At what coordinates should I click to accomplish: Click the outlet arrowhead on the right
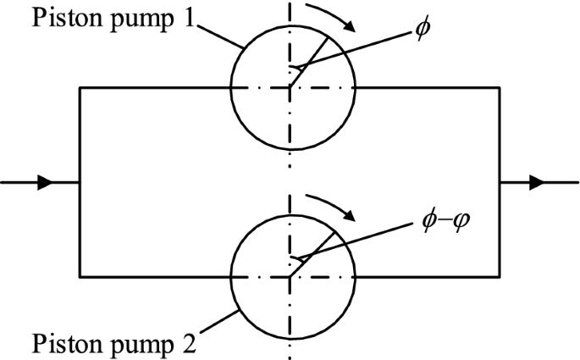point(535,181)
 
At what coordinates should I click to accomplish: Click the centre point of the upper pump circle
point(290,86)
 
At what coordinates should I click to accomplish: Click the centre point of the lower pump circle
point(290,276)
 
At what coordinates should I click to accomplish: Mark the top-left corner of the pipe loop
point(80,86)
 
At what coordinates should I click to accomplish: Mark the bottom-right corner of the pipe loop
point(500,276)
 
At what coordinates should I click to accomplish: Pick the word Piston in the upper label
point(61,18)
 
